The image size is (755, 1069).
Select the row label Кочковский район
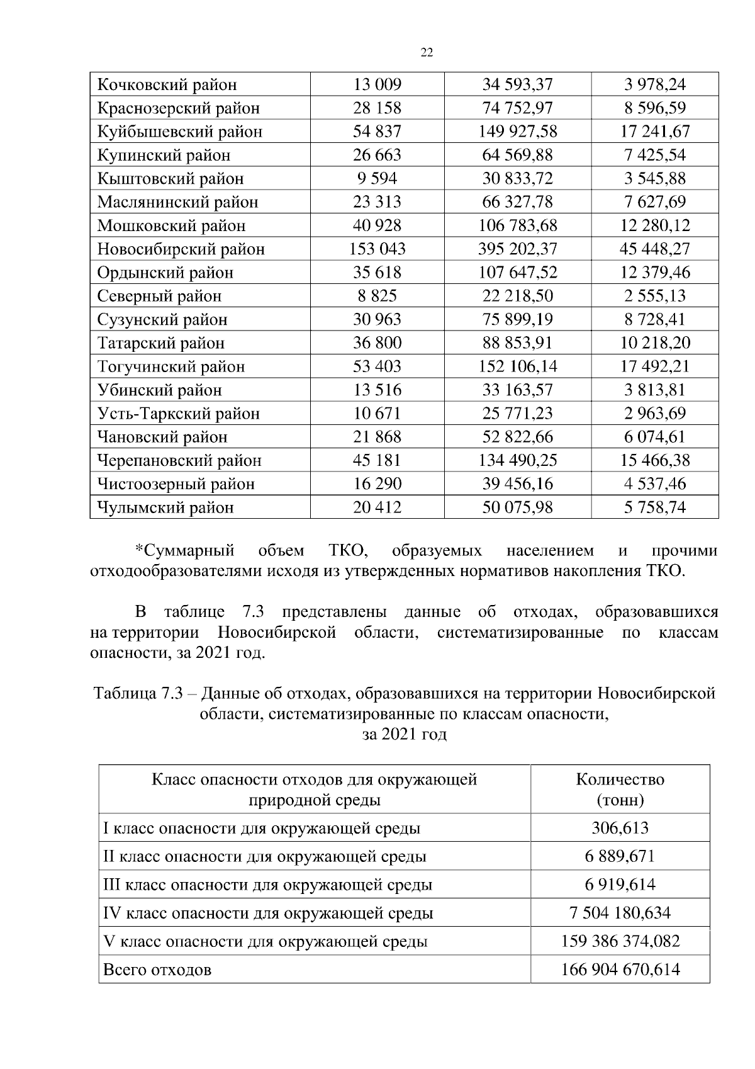pyautogui.click(x=167, y=84)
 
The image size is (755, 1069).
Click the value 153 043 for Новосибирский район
pyautogui.click(x=377, y=249)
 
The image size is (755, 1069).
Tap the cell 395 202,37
pyautogui.click(x=517, y=249)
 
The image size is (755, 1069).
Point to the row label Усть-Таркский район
pyautogui.click(x=178, y=414)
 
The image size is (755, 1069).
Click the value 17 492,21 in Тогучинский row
pyautogui.click(x=654, y=366)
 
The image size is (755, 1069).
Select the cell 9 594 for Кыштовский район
pyautogui.click(x=377, y=179)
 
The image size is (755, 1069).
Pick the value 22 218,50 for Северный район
pyautogui.click(x=517, y=296)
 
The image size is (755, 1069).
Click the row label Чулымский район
pyautogui.click(x=165, y=507)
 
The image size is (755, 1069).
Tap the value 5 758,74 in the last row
pyautogui.click(x=654, y=507)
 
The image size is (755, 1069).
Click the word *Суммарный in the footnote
pyautogui.click(x=185, y=551)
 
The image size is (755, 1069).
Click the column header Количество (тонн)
pyautogui.click(x=620, y=789)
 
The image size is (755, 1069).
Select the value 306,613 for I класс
pyautogui.click(x=620, y=828)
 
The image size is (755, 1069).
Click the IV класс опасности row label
pyautogui.click(x=268, y=913)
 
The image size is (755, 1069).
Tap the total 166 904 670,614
pyautogui.click(x=620, y=970)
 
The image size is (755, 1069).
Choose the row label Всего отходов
pyautogui.click(x=157, y=970)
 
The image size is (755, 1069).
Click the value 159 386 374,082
pyautogui.click(x=620, y=941)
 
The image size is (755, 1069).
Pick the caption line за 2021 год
pyautogui.click(x=405, y=734)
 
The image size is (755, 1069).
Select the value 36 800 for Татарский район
pyautogui.click(x=377, y=343)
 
